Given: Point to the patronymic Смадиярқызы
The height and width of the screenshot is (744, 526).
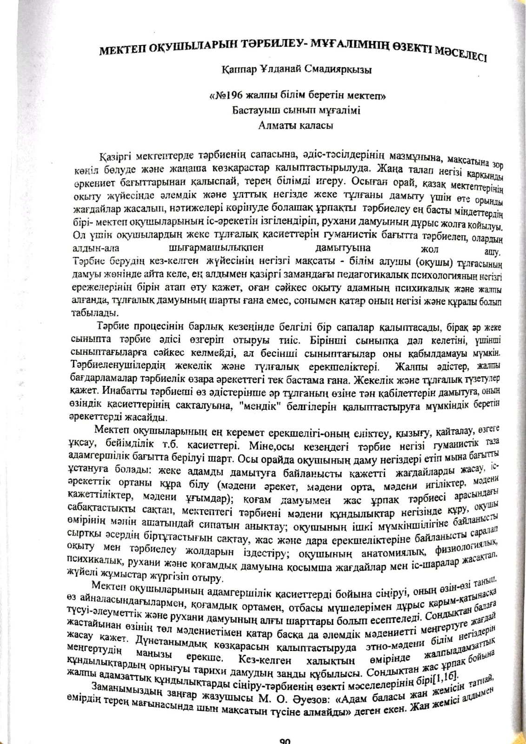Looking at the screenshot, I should coord(340,71).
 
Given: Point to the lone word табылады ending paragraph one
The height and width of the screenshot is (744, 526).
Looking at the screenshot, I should coord(93,312).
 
